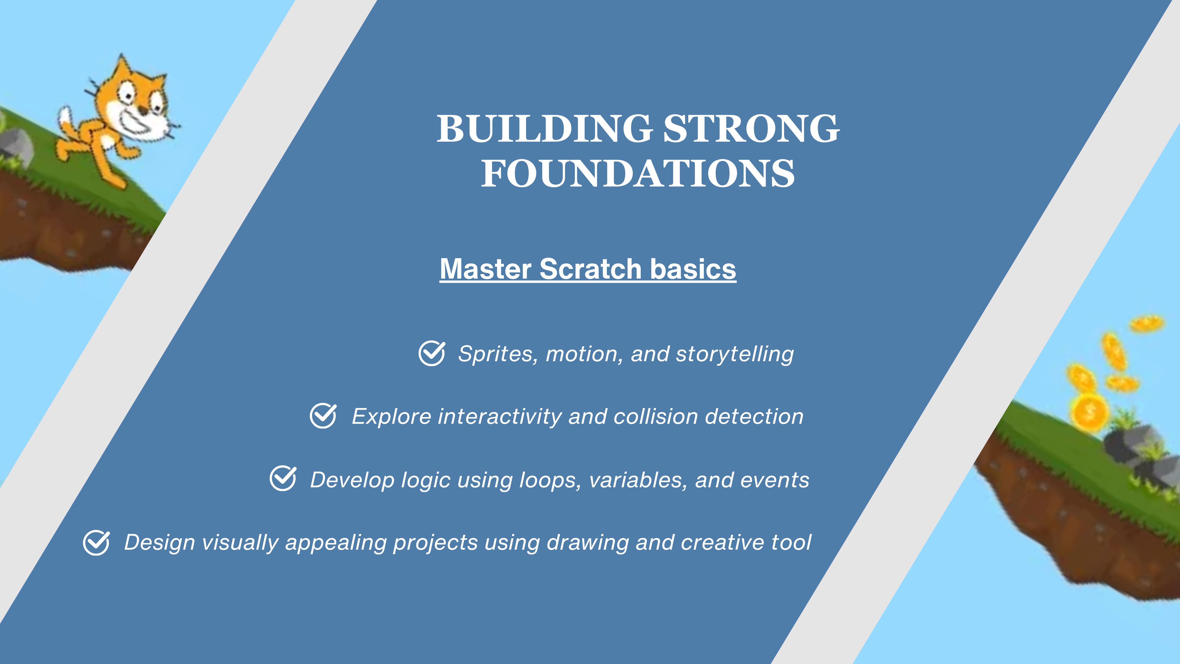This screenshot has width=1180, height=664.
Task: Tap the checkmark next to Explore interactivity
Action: pos(323,416)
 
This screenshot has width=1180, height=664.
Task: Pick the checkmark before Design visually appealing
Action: pos(96,543)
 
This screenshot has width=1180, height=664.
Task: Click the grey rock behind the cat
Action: pos(16,147)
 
